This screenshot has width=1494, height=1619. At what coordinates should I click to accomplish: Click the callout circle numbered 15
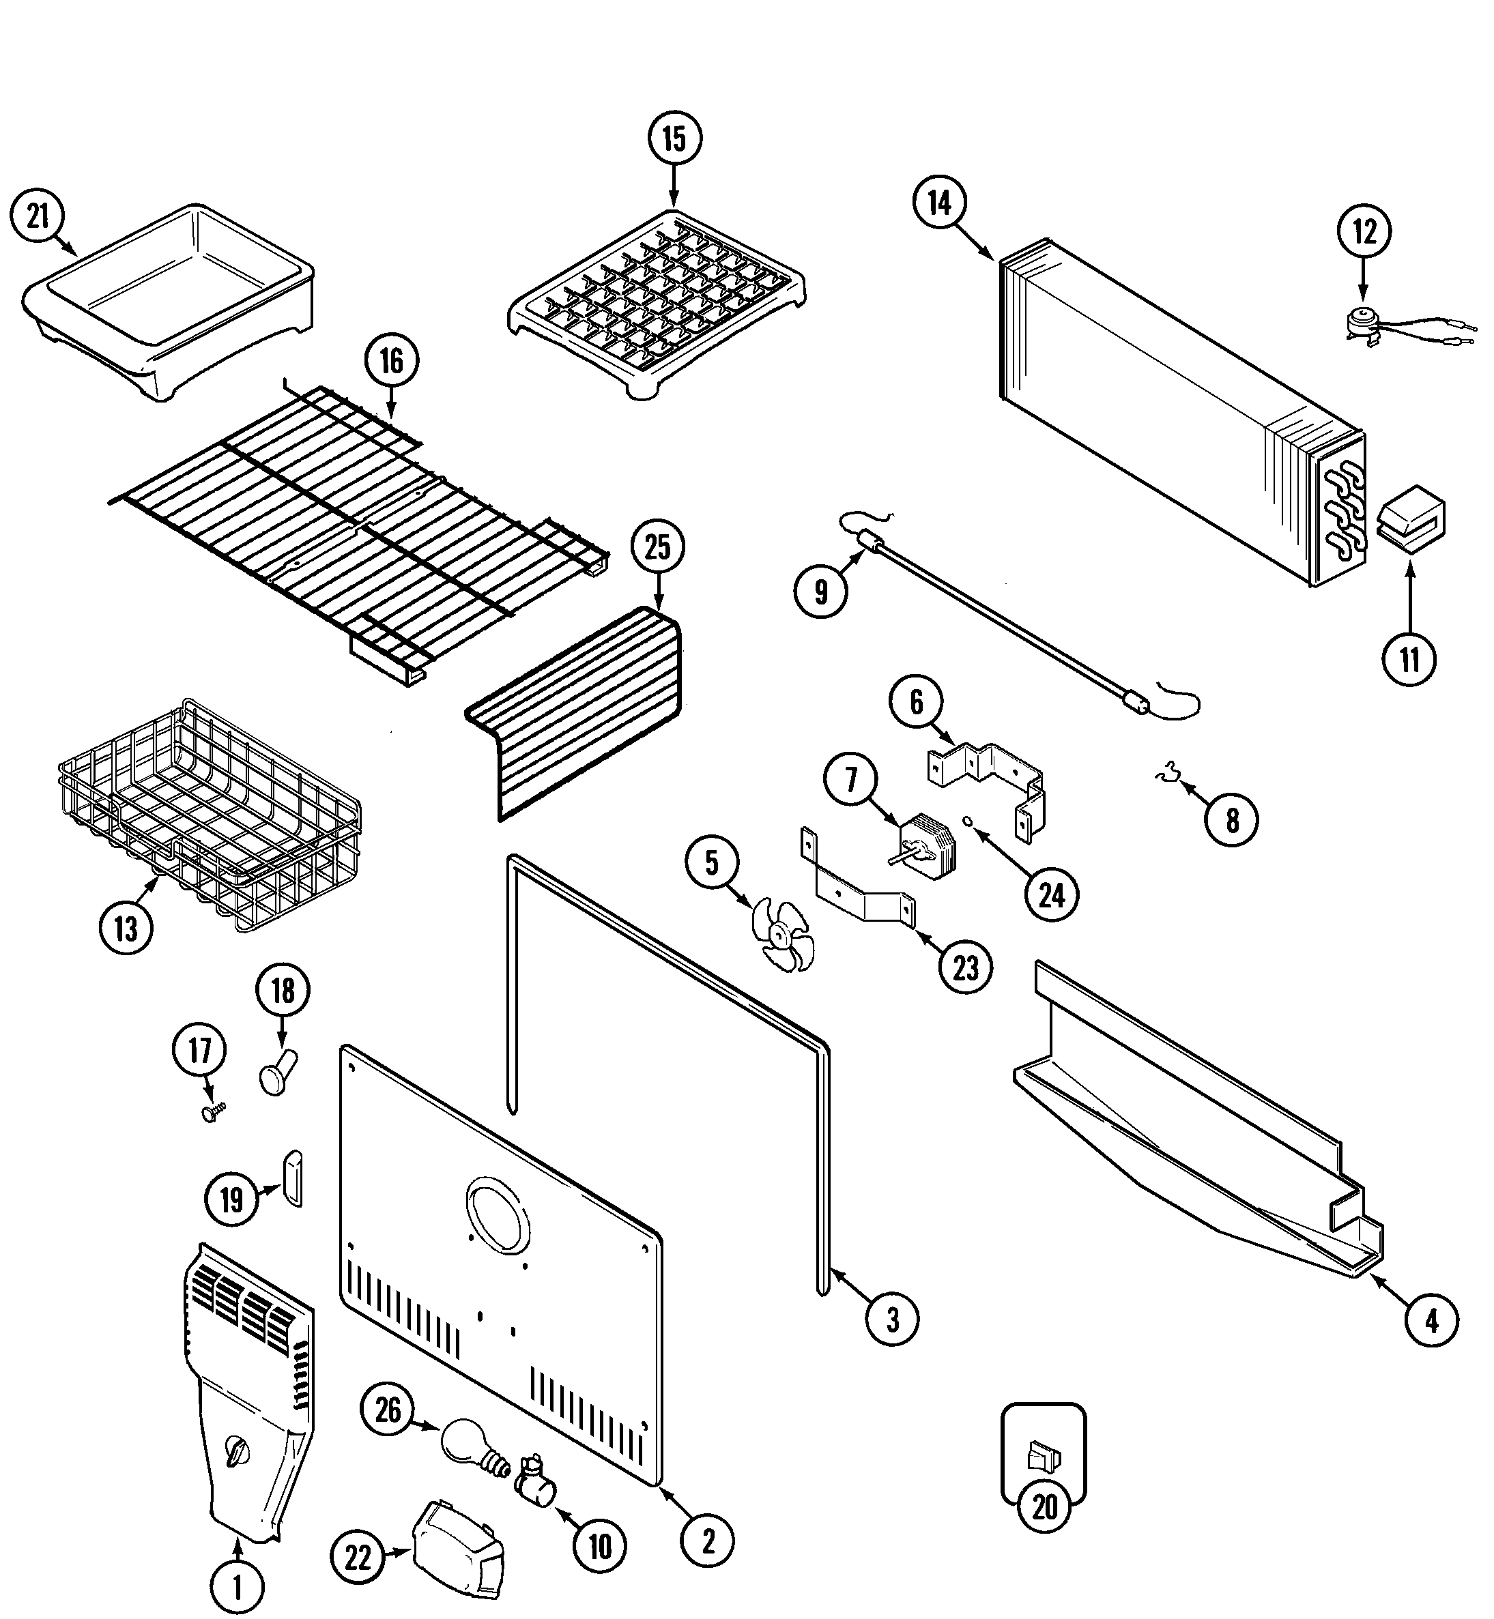coord(674,139)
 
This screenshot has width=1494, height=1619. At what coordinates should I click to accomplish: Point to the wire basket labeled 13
coord(210,817)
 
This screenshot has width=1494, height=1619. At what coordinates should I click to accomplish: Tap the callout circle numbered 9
coord(820,592)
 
